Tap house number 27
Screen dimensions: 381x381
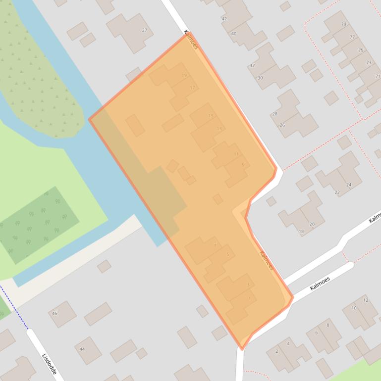tap(145, 30)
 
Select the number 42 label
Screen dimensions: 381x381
tap(224, 19)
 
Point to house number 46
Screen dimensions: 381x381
tap(54, 313)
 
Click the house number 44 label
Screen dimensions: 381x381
tap(82, 349)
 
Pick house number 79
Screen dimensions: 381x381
tap(343, 24)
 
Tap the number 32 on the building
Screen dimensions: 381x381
tap(252, 65)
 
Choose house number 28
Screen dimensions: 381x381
tap(275, 114)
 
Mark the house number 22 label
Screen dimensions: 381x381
tap(337, 192)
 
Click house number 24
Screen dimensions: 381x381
tap(349, 185)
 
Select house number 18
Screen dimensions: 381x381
tap(301, 231)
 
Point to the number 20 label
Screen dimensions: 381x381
tap(312, 224)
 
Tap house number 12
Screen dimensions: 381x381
tap(366, 300)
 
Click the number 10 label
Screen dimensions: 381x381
tap(354, 308)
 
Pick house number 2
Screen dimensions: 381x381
tap(276, 351)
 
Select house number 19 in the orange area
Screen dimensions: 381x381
tap(184, 76)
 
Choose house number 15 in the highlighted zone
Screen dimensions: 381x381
tap(211, 116)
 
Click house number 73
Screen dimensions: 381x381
tap(369, 63)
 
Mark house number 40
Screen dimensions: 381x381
tap(234, 34)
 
